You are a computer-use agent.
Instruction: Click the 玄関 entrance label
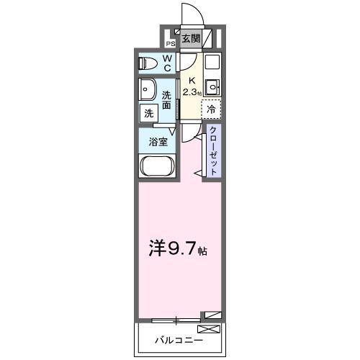point(191,39)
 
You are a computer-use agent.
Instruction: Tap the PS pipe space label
point(171,42)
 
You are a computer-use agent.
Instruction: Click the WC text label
point(167,63)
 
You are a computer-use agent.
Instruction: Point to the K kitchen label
point(191,81)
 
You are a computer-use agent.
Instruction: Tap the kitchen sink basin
point(211,88)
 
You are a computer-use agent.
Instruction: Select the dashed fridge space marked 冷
point(211,109)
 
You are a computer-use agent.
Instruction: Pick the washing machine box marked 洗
point(148,112)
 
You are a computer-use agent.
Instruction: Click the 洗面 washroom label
point(167,99)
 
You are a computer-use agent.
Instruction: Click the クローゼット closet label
point(213,150)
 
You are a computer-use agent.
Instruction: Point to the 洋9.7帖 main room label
point(179,251)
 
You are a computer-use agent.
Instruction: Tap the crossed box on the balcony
point(208,328)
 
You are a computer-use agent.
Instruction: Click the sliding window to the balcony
point(176,317)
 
